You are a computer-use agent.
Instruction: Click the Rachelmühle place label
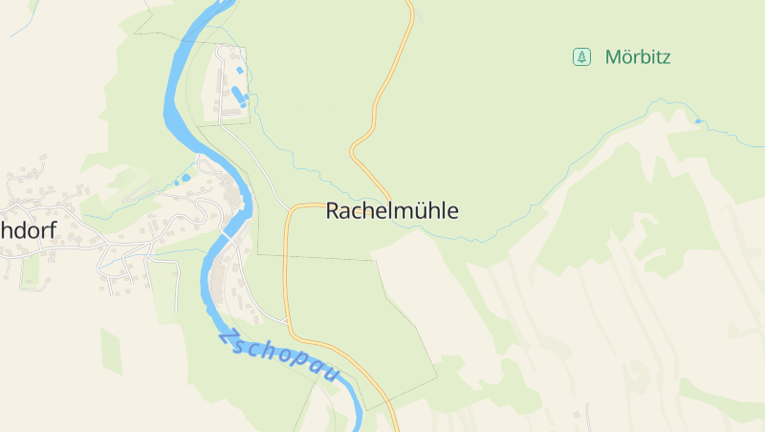pos(392,211)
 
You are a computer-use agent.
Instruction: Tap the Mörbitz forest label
pos(638,57)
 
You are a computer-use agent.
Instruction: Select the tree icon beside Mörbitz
pos(580,57)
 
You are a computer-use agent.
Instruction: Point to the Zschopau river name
pos(278,356)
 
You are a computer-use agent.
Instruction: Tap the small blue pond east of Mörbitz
pos(698,121)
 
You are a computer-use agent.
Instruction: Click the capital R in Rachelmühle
pos(334,211)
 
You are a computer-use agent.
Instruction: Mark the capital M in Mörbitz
pos(613,57)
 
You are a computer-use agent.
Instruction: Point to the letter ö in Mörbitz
pos(627,58)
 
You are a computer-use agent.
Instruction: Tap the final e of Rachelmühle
pos(452,212)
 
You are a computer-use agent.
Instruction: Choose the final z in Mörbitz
pos(667,58)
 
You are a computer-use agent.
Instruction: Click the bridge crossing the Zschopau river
pos(228,233)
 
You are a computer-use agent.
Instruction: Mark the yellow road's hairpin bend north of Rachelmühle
pos(354,151)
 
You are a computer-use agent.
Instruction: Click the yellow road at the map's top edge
pos(411,4)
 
